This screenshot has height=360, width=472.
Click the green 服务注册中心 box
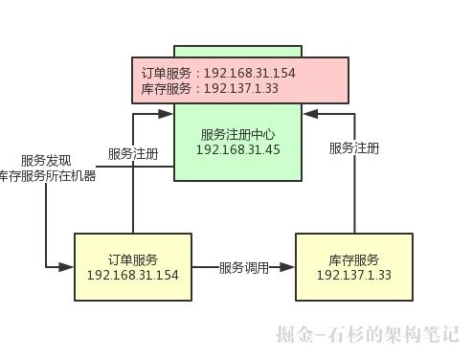coord(237,158)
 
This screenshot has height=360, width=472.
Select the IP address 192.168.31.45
coord(236,149)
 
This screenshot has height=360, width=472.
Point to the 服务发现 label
coord(46,160)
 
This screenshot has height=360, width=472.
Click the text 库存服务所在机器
coord(48,176)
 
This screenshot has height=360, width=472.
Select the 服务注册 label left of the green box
coord(133,153)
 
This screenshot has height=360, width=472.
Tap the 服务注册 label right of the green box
coord(354,148)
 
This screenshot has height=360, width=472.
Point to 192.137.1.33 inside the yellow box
coord(353,276)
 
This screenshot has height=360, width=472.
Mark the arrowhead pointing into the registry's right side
coord(307,114)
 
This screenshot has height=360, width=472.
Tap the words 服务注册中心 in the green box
coord(236,134)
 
